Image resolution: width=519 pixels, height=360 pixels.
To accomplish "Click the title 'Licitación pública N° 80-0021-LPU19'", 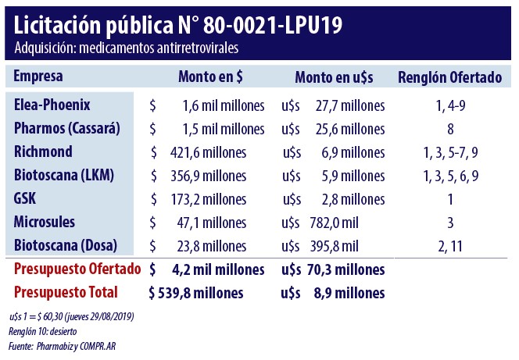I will click(177, 25).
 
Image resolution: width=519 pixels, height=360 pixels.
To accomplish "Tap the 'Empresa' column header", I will click(38, 77).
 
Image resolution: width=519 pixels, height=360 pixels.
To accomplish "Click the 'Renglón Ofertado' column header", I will click(449, 77).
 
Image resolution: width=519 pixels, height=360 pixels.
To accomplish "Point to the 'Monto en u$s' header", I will click(333, 77).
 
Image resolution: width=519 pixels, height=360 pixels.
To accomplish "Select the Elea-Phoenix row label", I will click(52, 105).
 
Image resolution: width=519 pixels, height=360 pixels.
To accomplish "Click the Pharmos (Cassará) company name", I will click(69, 128).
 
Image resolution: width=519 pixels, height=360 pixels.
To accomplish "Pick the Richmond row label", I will click(43, 151).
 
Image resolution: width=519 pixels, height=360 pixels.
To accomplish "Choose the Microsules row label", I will click(45, 222).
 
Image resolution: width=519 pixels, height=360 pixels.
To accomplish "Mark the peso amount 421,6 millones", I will click(207, 151).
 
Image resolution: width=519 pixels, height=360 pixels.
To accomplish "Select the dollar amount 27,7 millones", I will click(349, 105).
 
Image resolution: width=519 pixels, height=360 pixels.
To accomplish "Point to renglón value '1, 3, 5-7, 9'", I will click(451, 151).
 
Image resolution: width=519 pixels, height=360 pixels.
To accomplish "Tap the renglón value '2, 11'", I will click(451, 245).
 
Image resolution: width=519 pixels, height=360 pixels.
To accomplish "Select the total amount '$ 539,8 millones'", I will click(195, 293).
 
